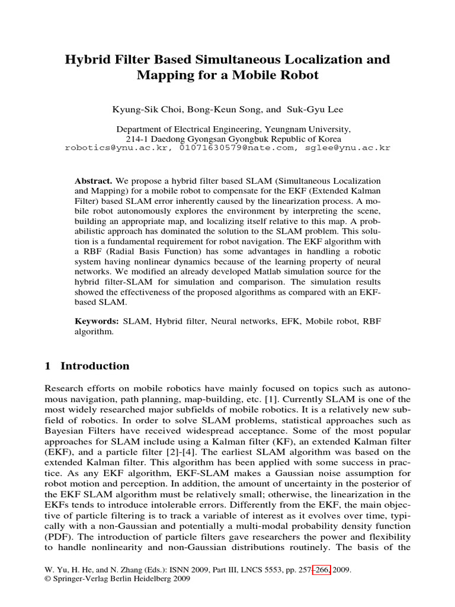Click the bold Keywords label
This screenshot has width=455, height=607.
pos(96,321)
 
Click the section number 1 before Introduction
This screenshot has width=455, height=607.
pos(48,366)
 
